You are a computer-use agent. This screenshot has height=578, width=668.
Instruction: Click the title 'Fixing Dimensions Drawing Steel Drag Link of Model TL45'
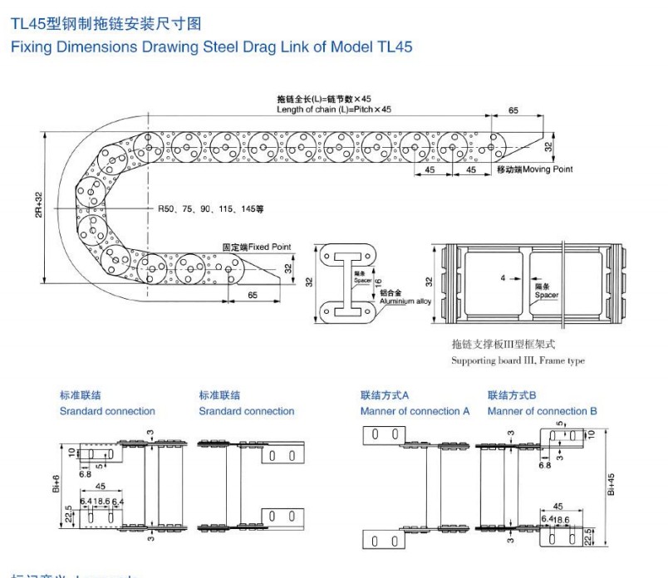click(x=211, y=47)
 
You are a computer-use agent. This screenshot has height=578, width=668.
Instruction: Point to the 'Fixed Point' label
click(x=269, y=247)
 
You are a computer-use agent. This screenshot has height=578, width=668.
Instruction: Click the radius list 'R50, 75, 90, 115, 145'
click(x=209, y=210)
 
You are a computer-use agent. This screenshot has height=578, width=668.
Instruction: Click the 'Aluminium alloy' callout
click(x=407, y=301)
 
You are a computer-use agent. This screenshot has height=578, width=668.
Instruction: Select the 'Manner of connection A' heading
click(x=415, y=411)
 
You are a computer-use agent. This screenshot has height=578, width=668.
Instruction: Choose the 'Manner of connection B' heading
click(x=542, y=411)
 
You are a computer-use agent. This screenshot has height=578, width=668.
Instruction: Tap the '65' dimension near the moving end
click(x=513, y=110)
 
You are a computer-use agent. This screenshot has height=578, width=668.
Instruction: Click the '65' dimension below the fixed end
click(x=252, y=295)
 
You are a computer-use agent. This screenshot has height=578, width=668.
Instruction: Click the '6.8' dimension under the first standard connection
click(x=85, y=475)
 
